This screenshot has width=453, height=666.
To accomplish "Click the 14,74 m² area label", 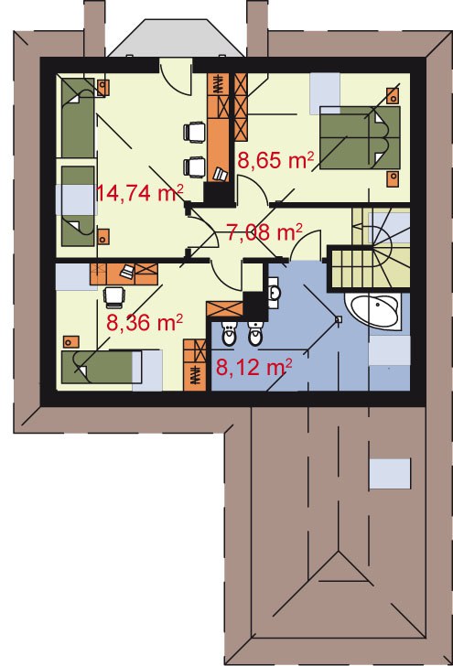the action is [140, 193].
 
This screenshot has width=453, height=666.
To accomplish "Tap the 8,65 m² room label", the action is [275, 161].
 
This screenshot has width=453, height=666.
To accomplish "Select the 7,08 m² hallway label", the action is [264, 232].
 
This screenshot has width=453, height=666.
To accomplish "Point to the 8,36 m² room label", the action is [145, 323].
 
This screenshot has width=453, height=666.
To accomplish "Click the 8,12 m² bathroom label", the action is [253, 367].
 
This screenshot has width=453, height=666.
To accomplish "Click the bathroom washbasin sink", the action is [275, 292].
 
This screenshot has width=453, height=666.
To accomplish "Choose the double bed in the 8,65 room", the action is [360, 137].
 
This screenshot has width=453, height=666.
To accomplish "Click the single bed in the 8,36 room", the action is [112, 367].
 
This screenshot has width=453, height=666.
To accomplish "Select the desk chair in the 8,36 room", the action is [114, 296].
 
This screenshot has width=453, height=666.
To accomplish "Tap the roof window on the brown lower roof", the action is [390, 474].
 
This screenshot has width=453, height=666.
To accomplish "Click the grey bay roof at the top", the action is [176, 38].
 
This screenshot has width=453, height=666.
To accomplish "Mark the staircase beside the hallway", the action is [370, 249].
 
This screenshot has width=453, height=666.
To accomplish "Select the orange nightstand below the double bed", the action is [394, 178].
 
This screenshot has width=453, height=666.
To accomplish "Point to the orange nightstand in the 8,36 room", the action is [71, 342].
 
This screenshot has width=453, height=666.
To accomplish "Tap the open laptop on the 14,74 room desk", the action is [221, 174].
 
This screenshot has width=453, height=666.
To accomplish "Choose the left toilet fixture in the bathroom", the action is [229, 334].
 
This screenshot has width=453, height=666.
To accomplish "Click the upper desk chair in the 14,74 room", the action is [195, 132].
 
